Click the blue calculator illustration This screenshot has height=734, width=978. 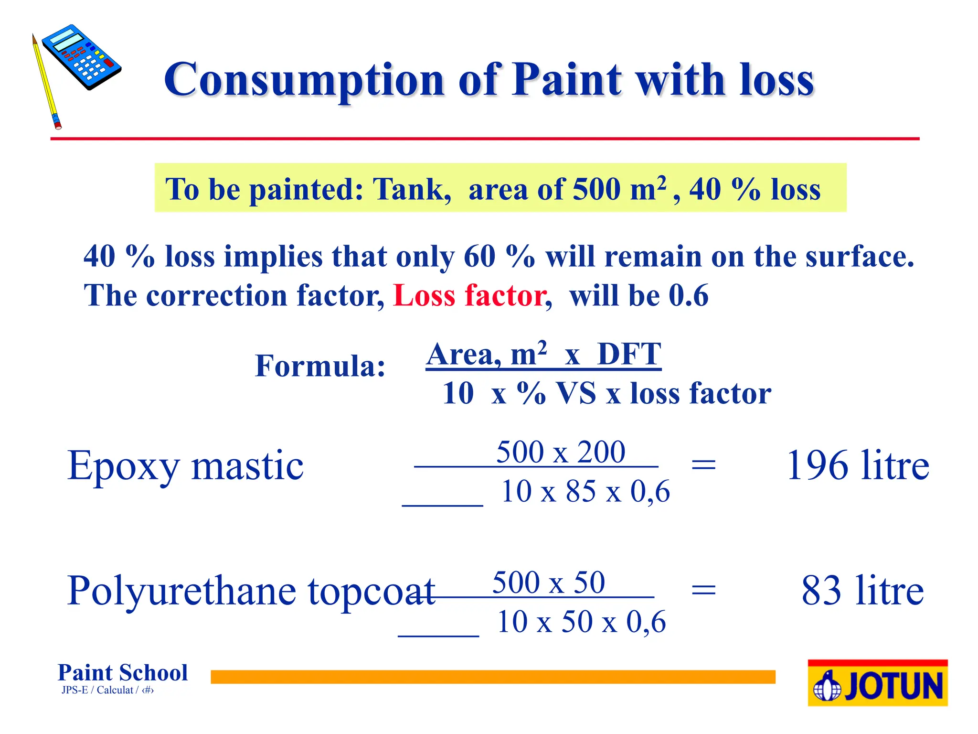click(x=81, y=57)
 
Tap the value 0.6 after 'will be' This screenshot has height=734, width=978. click(x=688, y=295)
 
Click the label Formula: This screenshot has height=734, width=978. click(x=320, y=366)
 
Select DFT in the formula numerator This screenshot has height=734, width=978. click(x=629, y=355)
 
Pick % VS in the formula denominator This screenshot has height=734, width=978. click(x=557, y=394)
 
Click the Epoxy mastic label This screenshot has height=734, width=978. click(x=185, y=465)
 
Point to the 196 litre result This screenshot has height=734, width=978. click(x=858, y=465)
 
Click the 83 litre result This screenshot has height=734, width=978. click(x=862, y=591)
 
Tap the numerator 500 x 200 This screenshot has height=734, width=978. click(x=561, y=452)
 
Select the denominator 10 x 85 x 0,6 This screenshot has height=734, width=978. click(x=585, y=491)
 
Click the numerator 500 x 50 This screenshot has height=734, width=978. click(x=549, y=583)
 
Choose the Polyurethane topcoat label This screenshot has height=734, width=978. click(x=251, y=592)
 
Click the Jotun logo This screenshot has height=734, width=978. click(x=877, y=683)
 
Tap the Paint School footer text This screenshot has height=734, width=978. click(x=123, y=673)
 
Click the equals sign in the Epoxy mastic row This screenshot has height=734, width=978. click(x=703, y=464)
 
